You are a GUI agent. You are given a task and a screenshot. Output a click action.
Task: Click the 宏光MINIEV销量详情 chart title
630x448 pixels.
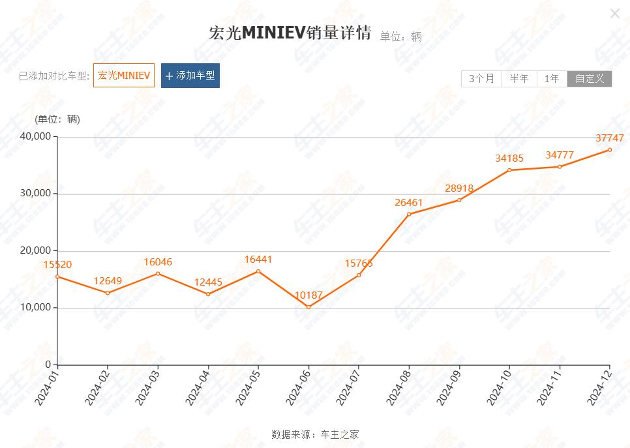click(290, 33)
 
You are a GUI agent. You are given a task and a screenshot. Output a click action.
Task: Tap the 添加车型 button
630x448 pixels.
click(190, 76)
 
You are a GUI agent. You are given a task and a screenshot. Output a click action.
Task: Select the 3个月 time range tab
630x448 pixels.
click(481, 79)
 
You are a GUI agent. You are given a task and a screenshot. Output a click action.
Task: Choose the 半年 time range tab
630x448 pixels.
click(519, 79)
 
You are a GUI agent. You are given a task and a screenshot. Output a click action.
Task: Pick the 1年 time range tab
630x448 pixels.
click(552, 79)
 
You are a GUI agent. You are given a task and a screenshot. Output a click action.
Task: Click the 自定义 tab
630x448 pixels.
click(590, 79)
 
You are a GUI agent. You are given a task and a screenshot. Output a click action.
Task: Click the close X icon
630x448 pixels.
click(614, 14)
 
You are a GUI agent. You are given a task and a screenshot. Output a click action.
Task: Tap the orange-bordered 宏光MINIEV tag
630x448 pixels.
click(124, 76)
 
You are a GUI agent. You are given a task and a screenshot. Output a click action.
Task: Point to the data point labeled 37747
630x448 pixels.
click(610, 150)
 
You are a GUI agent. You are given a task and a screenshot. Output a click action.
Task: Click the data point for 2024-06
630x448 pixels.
click(308, 307)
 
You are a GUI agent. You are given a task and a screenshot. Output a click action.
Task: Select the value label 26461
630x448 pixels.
click(409, 202)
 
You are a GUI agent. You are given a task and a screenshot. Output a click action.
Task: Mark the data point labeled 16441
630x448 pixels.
click(258, 271)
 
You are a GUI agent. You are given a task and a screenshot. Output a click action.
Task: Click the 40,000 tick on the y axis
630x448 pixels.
click(35, 136)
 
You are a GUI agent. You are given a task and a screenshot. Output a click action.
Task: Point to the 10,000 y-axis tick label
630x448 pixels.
click(35, 308)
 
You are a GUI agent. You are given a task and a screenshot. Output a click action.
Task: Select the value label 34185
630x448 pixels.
click(509, 158)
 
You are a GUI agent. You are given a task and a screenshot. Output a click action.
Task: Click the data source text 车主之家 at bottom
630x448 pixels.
click(340, 434)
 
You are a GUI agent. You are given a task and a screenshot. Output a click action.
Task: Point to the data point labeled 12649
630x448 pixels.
click(108, 293)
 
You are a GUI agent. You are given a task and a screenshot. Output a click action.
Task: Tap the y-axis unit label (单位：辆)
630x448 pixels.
click(57, 119)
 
